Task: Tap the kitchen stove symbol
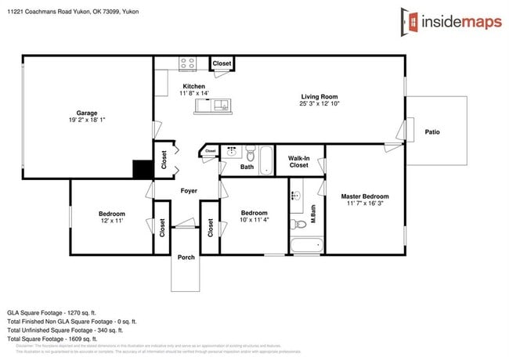[188, 63]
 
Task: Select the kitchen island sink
[221, 105]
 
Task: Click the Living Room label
[318, 98]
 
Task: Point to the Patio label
[432, 131]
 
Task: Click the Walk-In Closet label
[298, 161]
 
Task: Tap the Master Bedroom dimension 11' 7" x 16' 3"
[364, 203]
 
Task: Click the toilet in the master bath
[298, 225]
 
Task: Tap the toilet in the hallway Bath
[249, 152]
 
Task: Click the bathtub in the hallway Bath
[265, 161]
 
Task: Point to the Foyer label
[189, 190]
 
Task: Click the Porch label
[186, 257]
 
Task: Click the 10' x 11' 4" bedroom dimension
[254, 220]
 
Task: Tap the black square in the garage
[143, 169]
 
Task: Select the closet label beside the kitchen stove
[222, 63]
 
